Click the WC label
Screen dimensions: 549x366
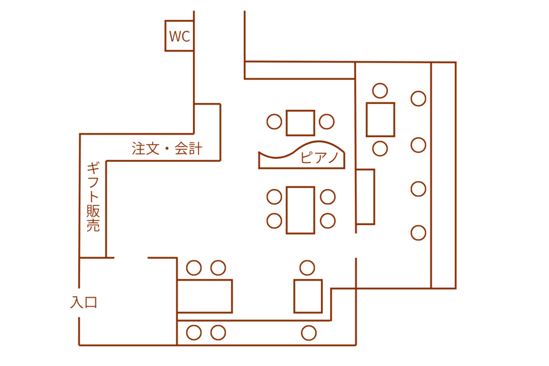click(179, 36)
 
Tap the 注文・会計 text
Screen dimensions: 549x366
click(167, 148)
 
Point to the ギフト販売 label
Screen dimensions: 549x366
click(93, 196)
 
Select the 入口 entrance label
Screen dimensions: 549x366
click(84, 302)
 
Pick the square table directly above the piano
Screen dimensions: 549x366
click(300, 123)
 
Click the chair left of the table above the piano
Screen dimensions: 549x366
click(274, 122)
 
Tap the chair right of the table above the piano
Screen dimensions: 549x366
click(327, 122)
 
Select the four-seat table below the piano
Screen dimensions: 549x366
click(300, 210)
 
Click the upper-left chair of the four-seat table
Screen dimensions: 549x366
click(274, 197)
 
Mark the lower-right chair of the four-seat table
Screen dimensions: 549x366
click(328, 221)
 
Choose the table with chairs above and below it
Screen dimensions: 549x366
click(381, 119)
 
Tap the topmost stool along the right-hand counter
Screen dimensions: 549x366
click(418, 99)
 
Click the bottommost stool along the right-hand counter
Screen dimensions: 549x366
click(418, 233)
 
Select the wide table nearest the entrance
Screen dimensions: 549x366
click(205, 296)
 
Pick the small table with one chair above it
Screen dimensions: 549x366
click(308, 296)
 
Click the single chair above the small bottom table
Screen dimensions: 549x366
click(307, 268)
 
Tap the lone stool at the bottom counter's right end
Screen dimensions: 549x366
click(309, 333)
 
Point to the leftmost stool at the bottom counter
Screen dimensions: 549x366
click(194, 333)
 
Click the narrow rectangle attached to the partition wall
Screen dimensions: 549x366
click(366, 197)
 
